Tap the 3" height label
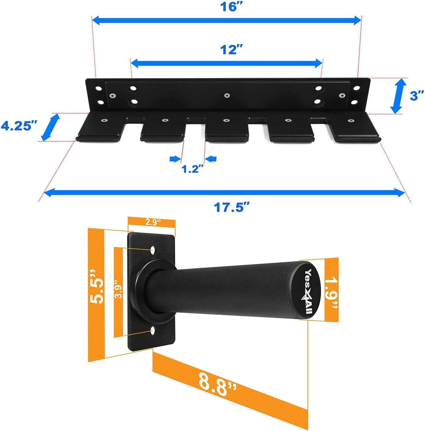tap(417, 96)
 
